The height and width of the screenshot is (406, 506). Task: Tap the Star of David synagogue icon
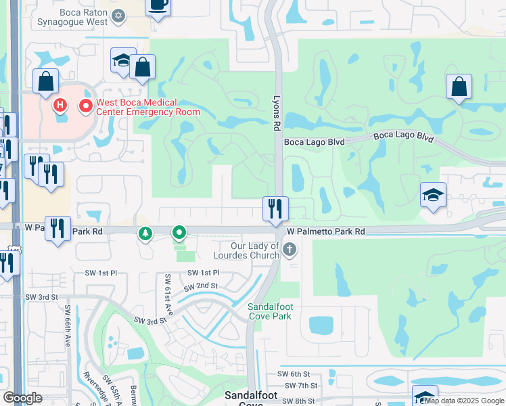[x=118, y=15]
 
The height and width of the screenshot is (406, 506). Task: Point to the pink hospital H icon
[x=60, y=106]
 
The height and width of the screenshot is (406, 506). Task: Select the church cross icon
[x=289, y=250]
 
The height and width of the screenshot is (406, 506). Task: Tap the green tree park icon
[x=145, y=234]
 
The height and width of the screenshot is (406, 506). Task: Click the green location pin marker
[x=179, y=233]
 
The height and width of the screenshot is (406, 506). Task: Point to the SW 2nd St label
[x=203, y=286]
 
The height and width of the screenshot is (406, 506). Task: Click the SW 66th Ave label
[x=68, y=326]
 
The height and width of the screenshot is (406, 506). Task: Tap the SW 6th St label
[x=297, y=374]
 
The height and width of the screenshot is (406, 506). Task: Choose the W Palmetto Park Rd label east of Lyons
[x=325, y=232]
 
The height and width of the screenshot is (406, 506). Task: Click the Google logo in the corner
[x=22, y=398]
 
